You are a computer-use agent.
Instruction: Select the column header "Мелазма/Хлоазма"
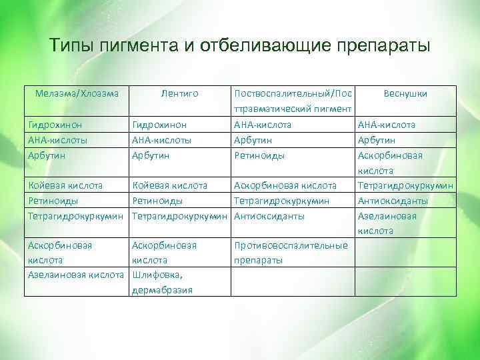77,94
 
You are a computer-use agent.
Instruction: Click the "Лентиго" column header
180,94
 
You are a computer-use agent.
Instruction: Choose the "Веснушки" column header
405,94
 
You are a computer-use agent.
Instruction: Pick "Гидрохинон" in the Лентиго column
160,125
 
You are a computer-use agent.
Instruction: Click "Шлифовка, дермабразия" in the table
163,282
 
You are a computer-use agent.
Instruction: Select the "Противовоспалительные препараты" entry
291,253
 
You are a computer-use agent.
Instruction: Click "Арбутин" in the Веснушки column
377,140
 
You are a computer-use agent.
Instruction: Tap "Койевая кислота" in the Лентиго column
170,185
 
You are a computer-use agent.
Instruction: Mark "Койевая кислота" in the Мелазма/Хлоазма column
65,185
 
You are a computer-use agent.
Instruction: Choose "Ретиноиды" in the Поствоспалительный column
259,155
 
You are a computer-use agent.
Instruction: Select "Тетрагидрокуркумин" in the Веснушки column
406,185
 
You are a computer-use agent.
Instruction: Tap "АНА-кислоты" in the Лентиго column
162,140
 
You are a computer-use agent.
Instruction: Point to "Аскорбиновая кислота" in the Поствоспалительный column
285,185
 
